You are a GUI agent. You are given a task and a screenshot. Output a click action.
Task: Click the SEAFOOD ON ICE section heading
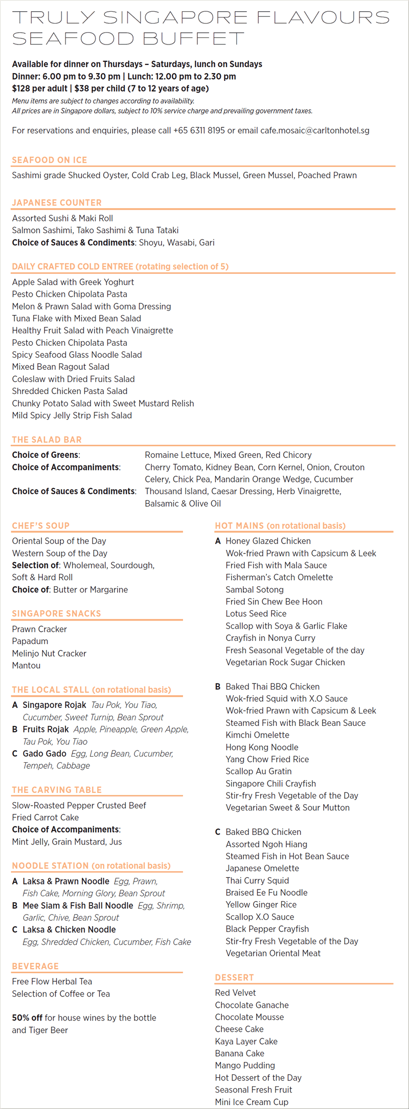click(50, 160)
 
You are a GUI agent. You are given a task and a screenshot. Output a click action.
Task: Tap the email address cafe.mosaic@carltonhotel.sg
click(314, 130)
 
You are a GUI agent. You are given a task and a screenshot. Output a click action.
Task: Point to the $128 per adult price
click(39, 88)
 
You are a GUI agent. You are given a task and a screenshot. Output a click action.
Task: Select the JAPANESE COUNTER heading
click(57, 203)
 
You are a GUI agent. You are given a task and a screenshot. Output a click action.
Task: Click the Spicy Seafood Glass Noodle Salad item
click(77, 354)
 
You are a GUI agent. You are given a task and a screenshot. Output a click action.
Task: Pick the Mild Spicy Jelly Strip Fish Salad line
click(72, 415)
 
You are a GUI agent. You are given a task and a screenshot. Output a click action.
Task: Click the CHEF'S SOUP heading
click(41, 525)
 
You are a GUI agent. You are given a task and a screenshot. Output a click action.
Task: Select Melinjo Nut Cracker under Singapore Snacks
click(49, 653)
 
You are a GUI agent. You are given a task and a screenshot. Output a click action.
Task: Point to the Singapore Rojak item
click(54, 705)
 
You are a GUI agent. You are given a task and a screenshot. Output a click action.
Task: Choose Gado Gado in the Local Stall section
click(44, 753)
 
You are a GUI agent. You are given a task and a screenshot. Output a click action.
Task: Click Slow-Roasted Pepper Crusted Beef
click(79, 805)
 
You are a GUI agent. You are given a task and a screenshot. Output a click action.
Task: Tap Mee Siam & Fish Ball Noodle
click(78, 905)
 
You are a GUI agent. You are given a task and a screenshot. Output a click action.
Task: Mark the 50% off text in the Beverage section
click(27, 1018)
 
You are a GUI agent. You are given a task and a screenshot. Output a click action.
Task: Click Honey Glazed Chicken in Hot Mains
click(268, 541)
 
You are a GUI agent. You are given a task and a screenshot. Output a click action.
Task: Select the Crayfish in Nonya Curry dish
click(270, 638)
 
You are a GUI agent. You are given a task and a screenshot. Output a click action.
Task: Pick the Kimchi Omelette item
click(258, 735)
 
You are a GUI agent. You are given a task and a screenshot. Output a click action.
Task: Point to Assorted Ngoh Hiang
click(266, 844)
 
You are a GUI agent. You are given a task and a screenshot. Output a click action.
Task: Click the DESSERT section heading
click(234, 978)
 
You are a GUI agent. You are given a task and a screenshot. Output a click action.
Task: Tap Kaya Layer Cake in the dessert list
click(246, 1041)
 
